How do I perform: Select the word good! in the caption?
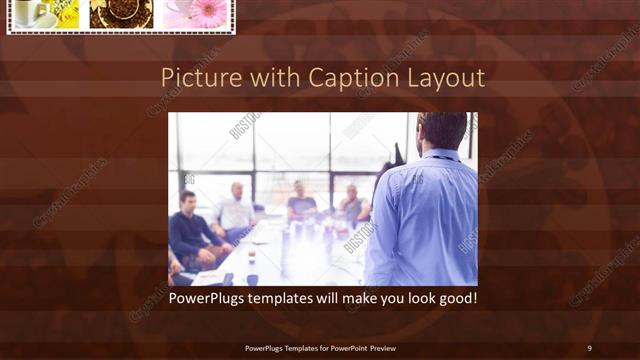pyautogui.click(x=454, y=298)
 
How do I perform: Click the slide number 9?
pyautogui.click(x=589, y=347)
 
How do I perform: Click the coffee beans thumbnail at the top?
pyautogui.click(x=121, y=13)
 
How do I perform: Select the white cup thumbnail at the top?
pyautogui.click(x=34, y=13)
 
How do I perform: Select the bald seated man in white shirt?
pyautogui.click(x=235, y=210)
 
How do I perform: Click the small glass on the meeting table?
pyautogui.click(x=252, y=257)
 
